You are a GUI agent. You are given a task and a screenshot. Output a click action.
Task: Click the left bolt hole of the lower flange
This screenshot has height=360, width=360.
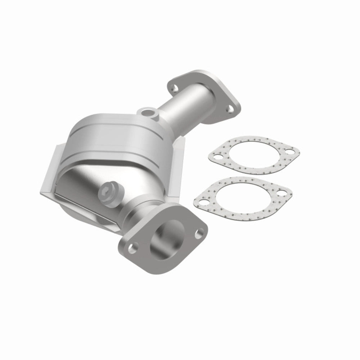(x=133, y=247)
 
